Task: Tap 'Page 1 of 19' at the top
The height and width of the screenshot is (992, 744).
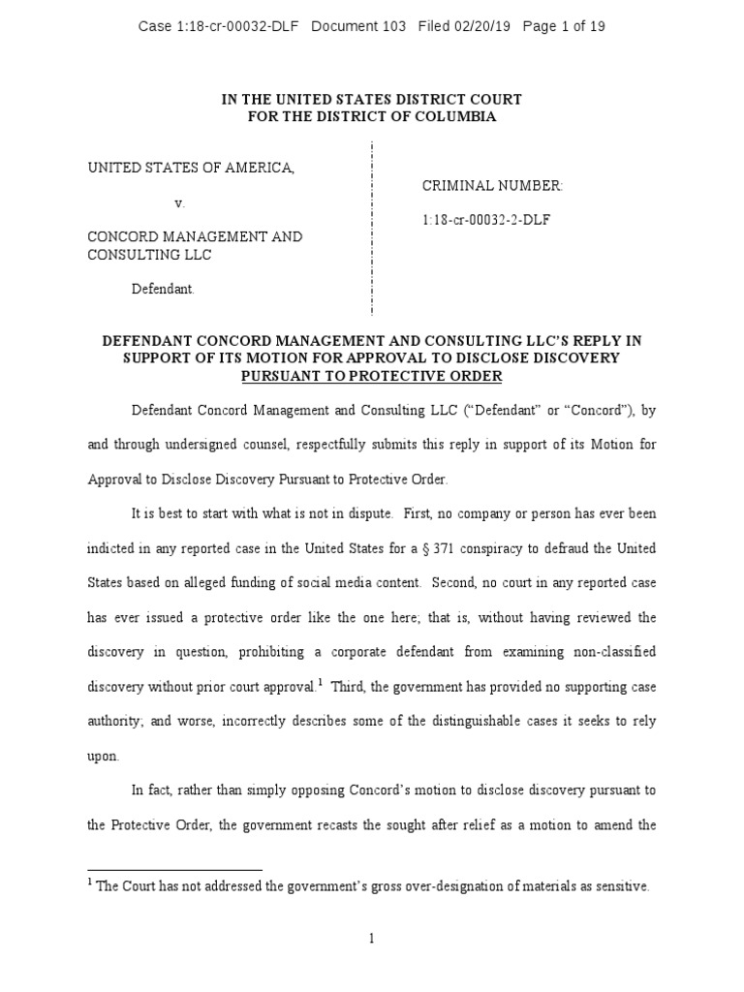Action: click(x=564, y=26)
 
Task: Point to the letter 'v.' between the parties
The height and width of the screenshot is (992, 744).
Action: click(x=178, y=203)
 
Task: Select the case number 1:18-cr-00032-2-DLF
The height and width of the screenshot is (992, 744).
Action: click(x=486, y=220)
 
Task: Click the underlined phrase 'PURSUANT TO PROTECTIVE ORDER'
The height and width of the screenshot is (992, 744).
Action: click(x=372, y=376)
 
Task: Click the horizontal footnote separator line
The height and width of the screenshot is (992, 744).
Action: click(x=175, y=869)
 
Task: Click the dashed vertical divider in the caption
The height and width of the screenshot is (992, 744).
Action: click(x=372, y=228)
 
